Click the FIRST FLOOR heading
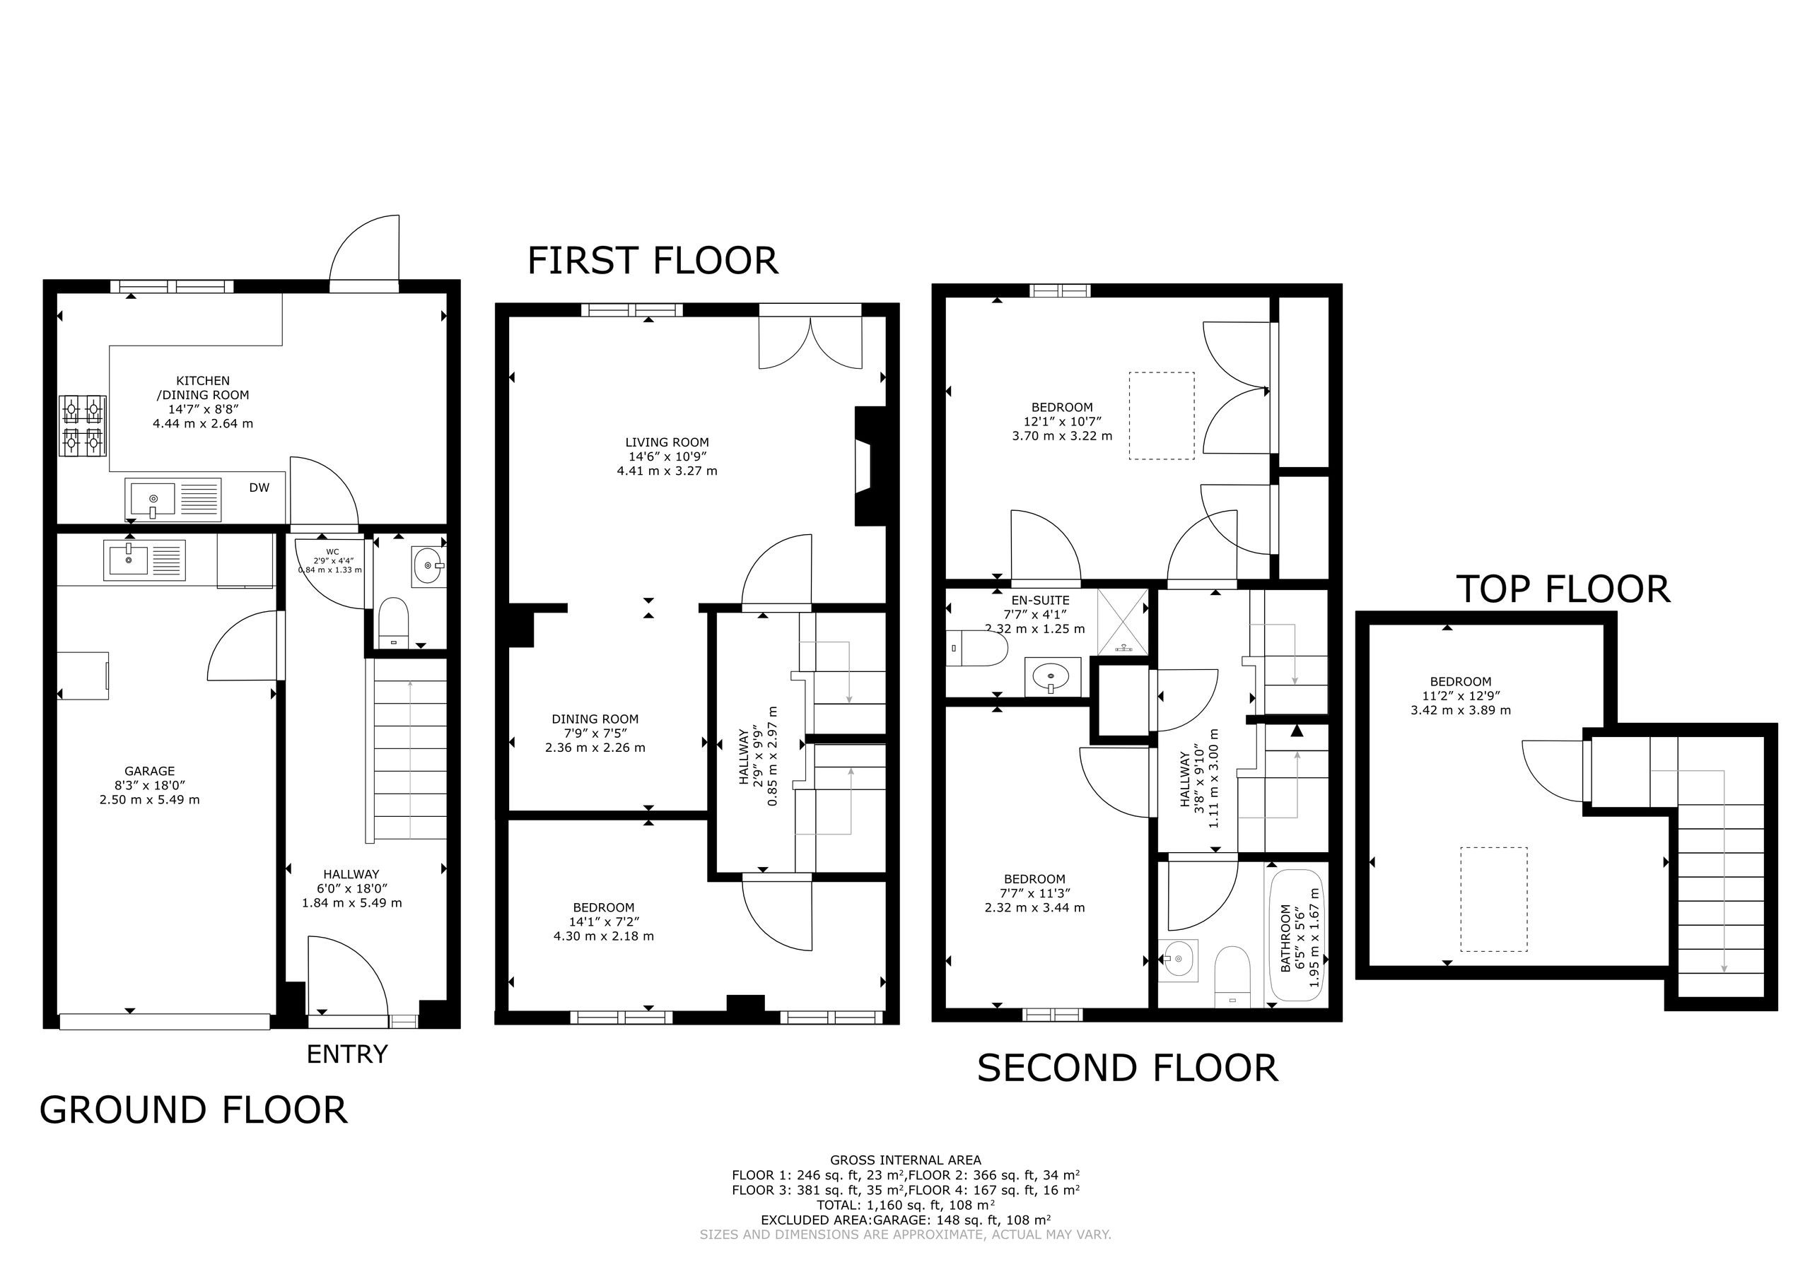click(x=653, y=261)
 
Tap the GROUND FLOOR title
click(x=193, y=1110)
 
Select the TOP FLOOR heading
click(x=1563, y=589)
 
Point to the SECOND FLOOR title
click(x=1127, y=1068)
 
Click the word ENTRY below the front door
click(x=347, y=1054)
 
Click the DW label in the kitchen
click(x=259, y=488)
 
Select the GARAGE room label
click(x=150, y=772)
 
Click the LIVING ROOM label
click(x=667, y=443)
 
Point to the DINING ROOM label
click(x=595, y=719)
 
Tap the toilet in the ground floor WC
click(x=393, y=623)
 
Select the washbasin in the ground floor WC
click(x=428, y=565)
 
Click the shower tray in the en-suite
click(x=1123, y=622)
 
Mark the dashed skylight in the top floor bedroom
click(x=1493, y=899)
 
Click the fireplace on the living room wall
click(x=871, y=466)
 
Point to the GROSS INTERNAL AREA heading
click(x=905, y=1160)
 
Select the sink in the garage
click(x=144, y=560)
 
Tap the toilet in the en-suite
click(x=976, y=649)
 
